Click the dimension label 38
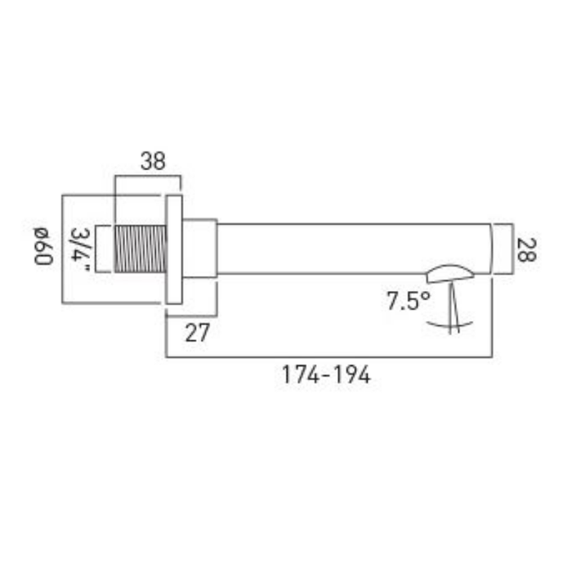(153, 161)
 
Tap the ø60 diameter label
(43, 246)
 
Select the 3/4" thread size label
(79, 249)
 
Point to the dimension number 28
(526, 250)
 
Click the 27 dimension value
(198, 333)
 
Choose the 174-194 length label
(326, 374)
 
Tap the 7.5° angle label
(409, 301)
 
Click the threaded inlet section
(141, 248)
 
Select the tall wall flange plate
(174, 249)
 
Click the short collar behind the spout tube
(199, 248)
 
